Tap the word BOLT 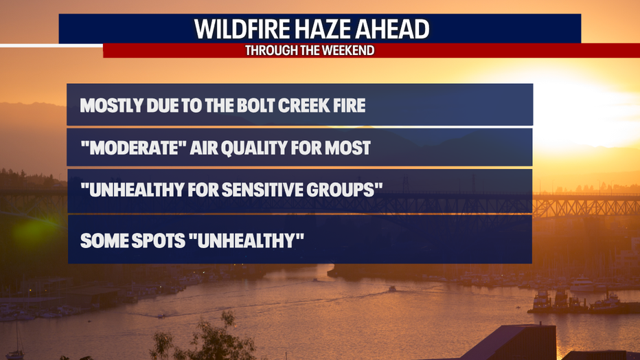(255, 105)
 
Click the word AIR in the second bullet (203, 148)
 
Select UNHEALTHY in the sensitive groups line (132, 190)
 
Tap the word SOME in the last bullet (104, 240)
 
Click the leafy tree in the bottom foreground (204, 339)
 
